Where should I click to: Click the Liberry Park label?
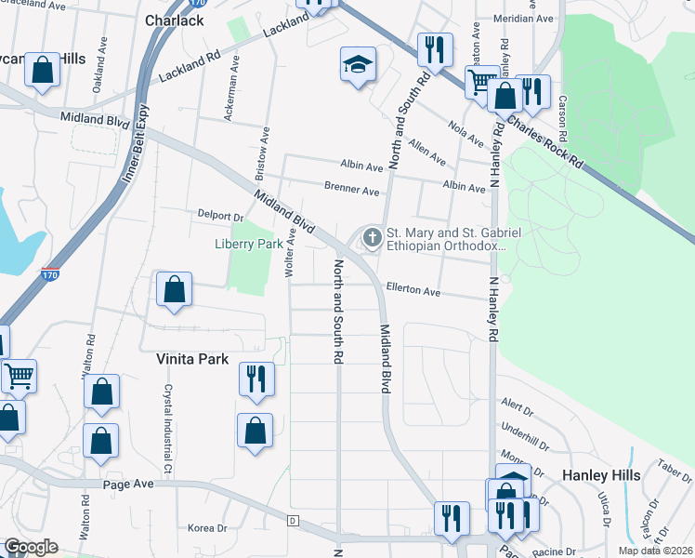(249, 244)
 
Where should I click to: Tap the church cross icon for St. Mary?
(373, 238)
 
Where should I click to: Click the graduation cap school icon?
(358, 64)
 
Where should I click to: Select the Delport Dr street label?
(219, 215)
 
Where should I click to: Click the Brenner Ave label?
(351, 191)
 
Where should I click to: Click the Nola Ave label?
(465, 133)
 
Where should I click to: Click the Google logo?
(31, 547)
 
